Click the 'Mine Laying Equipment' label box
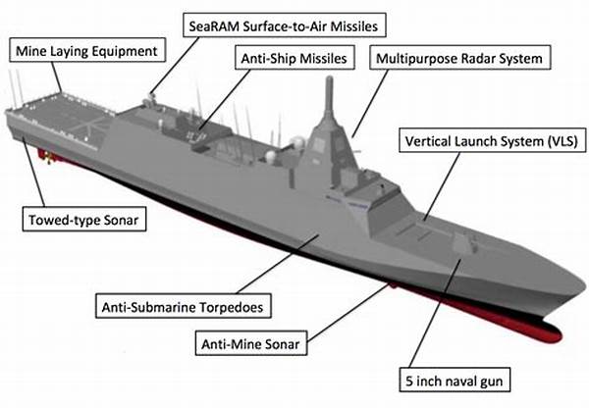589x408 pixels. pyautogui.click(x=87, y=50)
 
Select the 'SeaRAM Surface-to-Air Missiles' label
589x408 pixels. pyautogui.click(x=285, y=25)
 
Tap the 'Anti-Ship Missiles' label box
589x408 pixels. pyautogui.click(x=294, y=58)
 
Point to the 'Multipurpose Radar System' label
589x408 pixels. pyautogui.click(x=460, y=58)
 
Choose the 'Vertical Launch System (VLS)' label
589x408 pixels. pyautogui.click(x=492, y=141)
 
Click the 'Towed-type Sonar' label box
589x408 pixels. pyautogui.click(x=84, y=219)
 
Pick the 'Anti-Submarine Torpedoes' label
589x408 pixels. pyautogui.click(x=184, y=306)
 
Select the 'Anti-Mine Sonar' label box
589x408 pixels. pyautogui.click(x=251, y=343)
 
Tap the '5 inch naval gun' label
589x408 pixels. pyautogui.click(x=455, y=380)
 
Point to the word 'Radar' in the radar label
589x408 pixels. pyautogui.click(x=479, y=58)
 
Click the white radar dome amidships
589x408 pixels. pyautogui.click(x=270, y=156)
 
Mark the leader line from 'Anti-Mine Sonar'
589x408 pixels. pyautogui.click(x=348, y=312)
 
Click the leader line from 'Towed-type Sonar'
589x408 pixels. pyautogui.click(x=33, y=172)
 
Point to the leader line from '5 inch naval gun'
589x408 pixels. pyautogui.click(x=435, y=313)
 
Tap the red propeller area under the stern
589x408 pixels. pyautogui.click(x=48, y=157)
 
